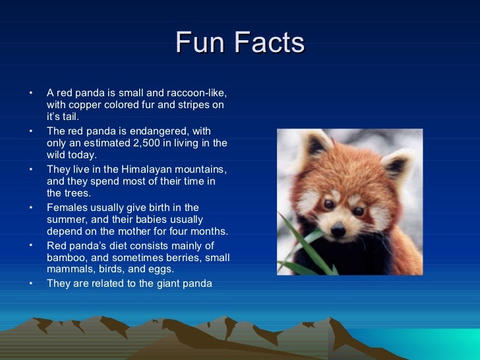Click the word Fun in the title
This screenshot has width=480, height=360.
[x=196, y=44]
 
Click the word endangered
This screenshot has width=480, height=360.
[x=162, y=131]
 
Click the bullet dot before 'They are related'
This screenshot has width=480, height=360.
[x=30, y=284]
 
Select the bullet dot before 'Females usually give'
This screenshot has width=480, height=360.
[x=30, y=208]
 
